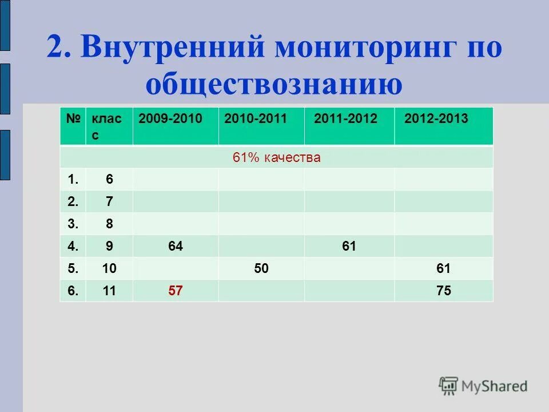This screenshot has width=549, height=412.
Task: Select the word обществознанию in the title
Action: point(274,84)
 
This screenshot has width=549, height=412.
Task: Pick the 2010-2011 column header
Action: point(256,119)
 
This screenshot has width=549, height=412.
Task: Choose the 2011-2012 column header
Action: point(346,119)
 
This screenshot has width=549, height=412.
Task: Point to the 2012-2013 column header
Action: point(436,119)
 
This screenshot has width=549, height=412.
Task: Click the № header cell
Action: point(73,119)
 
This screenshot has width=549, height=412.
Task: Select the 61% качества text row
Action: point(276,157)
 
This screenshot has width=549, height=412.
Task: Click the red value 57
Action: point(176,291)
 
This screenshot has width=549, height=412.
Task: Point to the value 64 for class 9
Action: point(176,246)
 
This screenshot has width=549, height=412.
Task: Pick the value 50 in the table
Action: point(261,268)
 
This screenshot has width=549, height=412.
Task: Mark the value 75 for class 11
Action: point(444,291)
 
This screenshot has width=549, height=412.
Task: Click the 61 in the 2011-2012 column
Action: point(349,246)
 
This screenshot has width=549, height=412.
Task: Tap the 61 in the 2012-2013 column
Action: point(444,268)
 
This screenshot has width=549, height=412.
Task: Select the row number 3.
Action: point(73,224)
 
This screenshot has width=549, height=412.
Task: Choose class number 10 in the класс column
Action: point(109,268)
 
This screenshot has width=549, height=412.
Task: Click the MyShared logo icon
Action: point(448,386)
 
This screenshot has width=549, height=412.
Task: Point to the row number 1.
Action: point(73,179)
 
